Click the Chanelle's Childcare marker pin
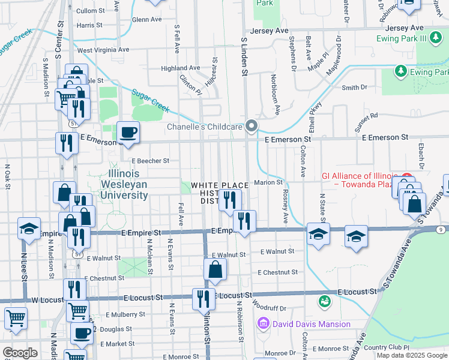pyautogui.click(x=252, y=126)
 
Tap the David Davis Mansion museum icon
pyautogui.click(x=262, y=325)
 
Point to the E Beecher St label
pyautogui.click(x=151, y=161)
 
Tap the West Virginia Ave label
pyautogui.click(x=103, y=50)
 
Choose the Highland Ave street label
pyautogui.click(x=180, y=68)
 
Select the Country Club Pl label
pyautogui.click(x=386, y=347)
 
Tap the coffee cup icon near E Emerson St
pyautogui.click(x=128, y=132)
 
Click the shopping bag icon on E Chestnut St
pyautogui.click(x=215, y=270)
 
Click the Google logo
pyautogui.click(x=20, y=353)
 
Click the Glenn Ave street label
pyautogui.click(x=146, y=19)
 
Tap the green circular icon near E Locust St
pyautogui.click(x=325, y=299)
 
